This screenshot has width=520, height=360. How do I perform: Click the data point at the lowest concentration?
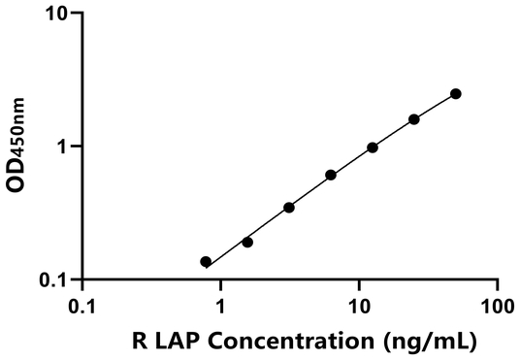pyautogui.click(x=206, y=262)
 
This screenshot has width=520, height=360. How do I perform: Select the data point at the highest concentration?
pyautogui.click(x=456, y=94)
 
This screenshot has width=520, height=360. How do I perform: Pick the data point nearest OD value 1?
pyautogui.click(x=373, y=147)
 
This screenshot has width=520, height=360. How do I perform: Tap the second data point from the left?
pyautogui.click(x=247, y=242)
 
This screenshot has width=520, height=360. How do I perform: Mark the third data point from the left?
pyautogui.click(x=289, y=208)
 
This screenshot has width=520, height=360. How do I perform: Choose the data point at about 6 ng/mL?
pyautogui.click(x=331, y=175)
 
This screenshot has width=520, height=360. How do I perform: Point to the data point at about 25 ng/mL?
pyautogui.click(x=414, y=119)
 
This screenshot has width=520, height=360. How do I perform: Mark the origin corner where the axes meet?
pyautogui.click(x=82, y=279)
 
